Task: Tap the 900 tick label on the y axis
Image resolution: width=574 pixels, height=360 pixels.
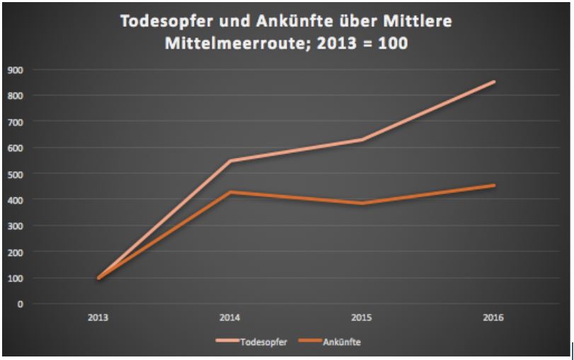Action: coord(14,69)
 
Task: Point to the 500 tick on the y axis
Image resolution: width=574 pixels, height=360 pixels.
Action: coord(14,174)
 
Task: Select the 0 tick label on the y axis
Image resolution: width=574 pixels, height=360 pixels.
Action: coord(21,304)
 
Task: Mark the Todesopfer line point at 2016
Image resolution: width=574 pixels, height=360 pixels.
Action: coord(493,82)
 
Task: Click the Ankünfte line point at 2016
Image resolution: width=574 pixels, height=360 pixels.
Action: coord(493,186)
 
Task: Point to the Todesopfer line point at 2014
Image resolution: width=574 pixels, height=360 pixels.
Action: coord(230,161)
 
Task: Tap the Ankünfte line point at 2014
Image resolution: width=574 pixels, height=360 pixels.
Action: coord(230,192)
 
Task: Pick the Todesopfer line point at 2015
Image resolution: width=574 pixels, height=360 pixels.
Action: coord(362,140)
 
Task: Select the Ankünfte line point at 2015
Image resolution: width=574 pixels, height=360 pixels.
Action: coord(362,204)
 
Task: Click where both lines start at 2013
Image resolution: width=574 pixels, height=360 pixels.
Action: coord(98,278)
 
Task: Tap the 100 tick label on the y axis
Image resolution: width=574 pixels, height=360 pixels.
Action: coord(14,278)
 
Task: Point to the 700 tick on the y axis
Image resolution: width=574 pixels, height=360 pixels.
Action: coord(14,122)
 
